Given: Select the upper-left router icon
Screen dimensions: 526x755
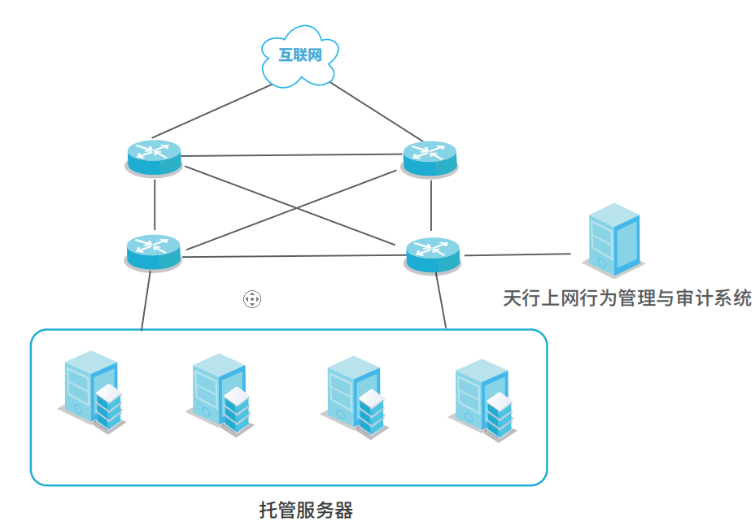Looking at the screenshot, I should pos(154,156).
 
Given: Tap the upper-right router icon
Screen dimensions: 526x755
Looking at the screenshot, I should pos(430,156).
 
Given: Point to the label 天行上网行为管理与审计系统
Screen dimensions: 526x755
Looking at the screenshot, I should pos(626,298).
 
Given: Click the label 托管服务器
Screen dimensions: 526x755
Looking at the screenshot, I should pos(306,511).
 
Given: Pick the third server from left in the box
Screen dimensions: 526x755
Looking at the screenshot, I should pos(355,397).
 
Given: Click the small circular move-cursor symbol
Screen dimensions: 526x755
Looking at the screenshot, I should pos(252,299).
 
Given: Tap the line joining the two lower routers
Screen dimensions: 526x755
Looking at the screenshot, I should pos(293,256).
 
